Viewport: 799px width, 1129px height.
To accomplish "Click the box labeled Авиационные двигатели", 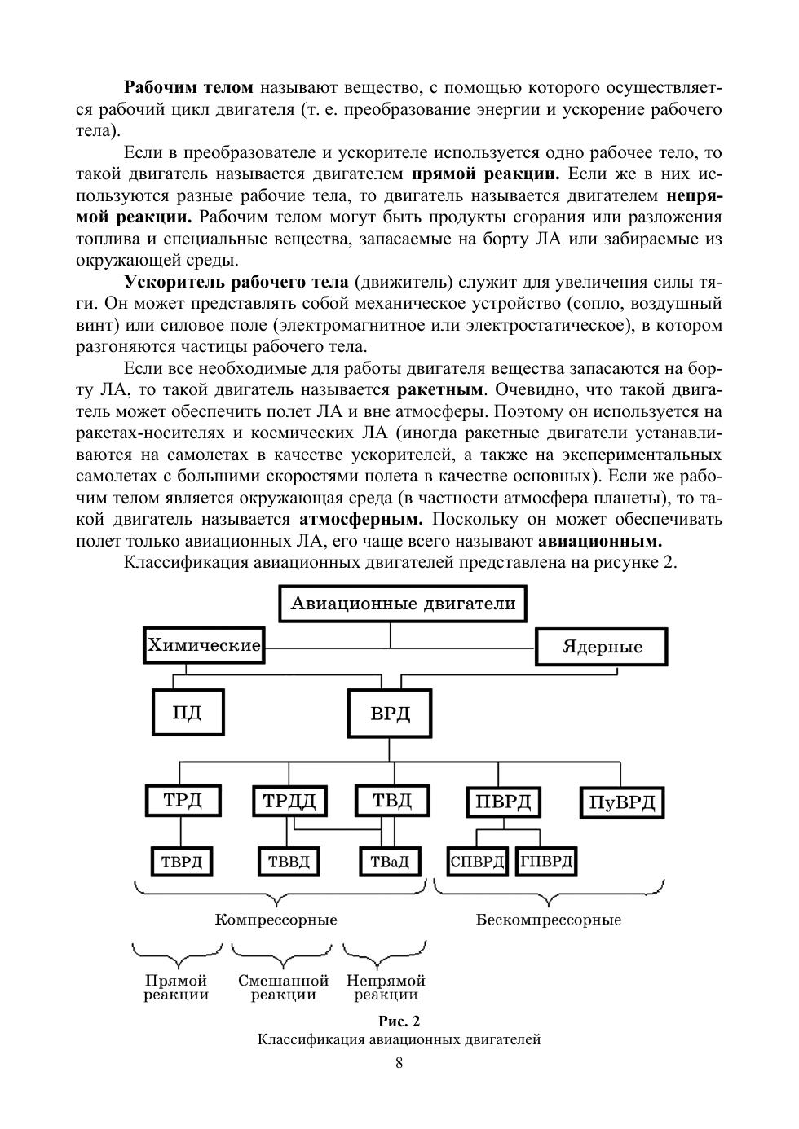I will pos(403,604).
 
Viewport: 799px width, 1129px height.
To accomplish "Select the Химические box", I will pos(204,646).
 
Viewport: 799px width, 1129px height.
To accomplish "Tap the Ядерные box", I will pos(602,648).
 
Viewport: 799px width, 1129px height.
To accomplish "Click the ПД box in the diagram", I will pos(188,713).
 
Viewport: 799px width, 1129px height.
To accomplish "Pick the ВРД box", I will pos(390,714).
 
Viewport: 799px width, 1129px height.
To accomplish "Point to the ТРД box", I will pos(183,800).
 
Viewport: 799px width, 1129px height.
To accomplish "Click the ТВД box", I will pos(392,801).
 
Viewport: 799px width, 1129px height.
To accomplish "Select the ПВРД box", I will pos(502,802).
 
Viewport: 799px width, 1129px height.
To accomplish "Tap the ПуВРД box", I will pos(621,803).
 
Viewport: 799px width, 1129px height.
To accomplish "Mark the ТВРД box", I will pos(181,861).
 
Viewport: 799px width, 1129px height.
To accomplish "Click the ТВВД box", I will pos(288,861).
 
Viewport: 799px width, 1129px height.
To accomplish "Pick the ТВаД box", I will pos(390,862).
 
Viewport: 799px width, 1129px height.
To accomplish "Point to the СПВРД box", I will pos(478,861).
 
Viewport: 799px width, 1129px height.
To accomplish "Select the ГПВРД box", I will pos(545,861).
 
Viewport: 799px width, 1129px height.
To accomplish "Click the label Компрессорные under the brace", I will pos(276,920).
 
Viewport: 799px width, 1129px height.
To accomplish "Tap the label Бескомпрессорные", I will pos(548,920).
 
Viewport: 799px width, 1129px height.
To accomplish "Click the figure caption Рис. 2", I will pos(399,1021).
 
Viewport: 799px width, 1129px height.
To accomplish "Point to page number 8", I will pos(399,1062).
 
